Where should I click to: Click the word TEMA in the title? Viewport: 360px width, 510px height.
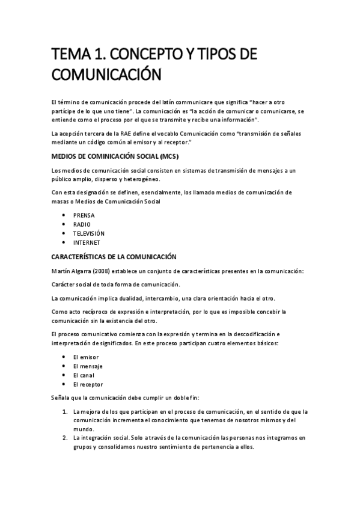pos(67,55)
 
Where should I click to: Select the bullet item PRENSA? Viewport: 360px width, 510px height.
pos(84,215)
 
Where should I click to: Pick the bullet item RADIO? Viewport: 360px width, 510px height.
pos(82,224)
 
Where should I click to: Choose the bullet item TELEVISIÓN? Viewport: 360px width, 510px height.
pos(89,233)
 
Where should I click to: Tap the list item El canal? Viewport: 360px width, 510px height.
pos(83,375)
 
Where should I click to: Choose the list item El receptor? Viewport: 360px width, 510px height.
pos(88,384)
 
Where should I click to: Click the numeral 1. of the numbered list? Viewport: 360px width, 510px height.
pos(65,411)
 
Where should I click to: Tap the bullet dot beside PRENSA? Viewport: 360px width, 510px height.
pos(64,215)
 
